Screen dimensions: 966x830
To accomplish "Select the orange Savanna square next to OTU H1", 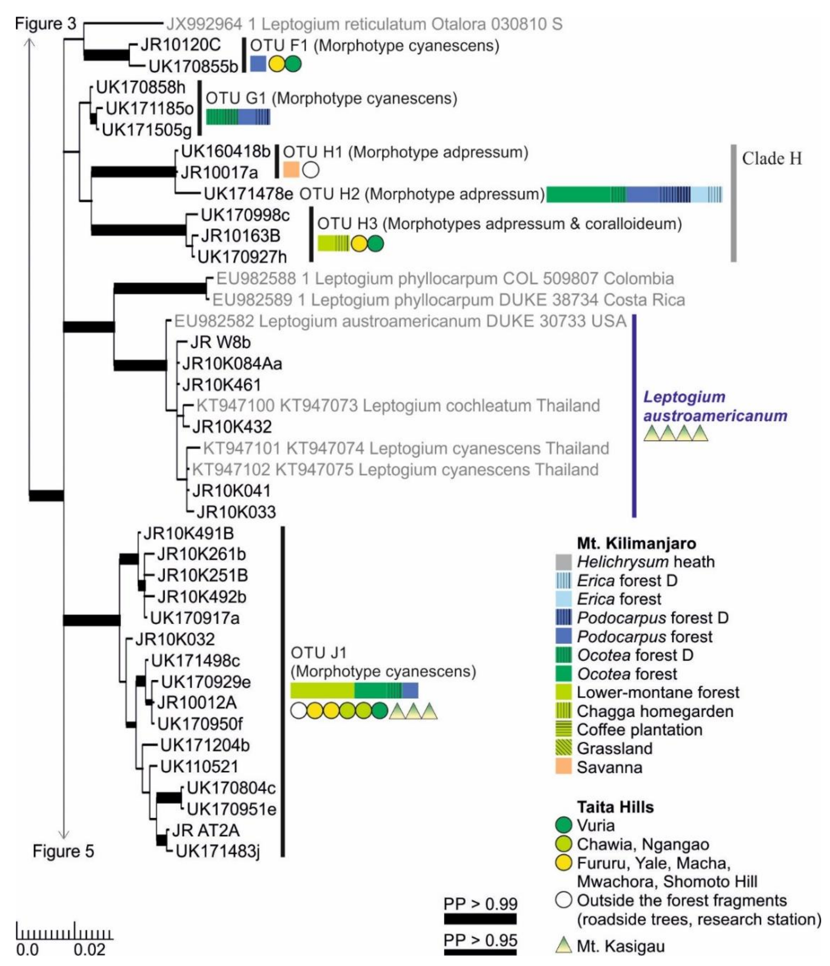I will [x=291, y=170].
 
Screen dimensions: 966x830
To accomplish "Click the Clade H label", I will [x=772, y=158].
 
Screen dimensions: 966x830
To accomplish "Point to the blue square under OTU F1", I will [x=258, y=64].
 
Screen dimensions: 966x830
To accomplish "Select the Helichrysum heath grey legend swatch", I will [x=563, y=562].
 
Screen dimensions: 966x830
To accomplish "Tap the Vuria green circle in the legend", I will [x=563, y=825].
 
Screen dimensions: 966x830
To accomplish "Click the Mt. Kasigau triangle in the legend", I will [x=563, y=945].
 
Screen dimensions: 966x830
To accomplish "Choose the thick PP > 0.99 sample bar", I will [x=480, y=919].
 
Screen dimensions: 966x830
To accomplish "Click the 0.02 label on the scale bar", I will [x=90, y=950].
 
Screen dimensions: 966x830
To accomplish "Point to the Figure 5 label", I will [x=63, y=851].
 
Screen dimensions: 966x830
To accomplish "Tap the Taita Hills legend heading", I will [x=615, y=807].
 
